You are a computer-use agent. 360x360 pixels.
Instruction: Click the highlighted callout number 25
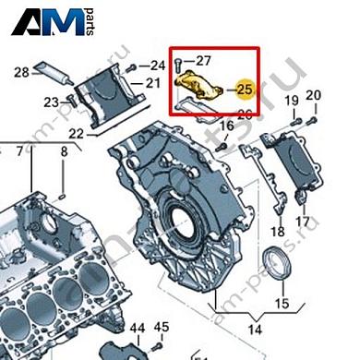(245, 90)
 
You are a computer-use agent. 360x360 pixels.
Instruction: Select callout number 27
(204, 61)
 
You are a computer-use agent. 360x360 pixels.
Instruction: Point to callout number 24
(158, 65)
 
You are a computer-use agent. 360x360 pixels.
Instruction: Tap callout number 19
(291, 99)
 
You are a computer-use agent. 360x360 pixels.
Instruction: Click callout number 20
(313, 96)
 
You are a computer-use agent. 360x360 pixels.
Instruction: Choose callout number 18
(277, 232)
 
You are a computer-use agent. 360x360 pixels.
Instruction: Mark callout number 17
(302, 222)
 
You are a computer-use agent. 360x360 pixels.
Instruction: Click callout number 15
(282, 302)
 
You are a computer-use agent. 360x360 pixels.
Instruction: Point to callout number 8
(64, 150)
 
